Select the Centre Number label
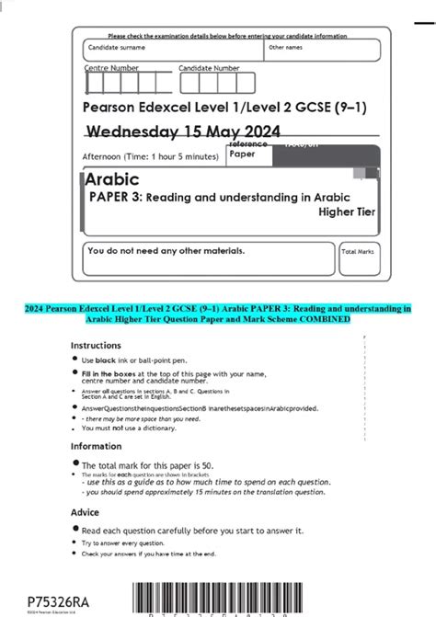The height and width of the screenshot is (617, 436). point(111,68)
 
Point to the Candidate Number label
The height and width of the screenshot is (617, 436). point(209,68)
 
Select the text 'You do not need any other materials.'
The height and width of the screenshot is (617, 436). point(166,250)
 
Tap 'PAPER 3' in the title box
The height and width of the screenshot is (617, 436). point(114,196)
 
